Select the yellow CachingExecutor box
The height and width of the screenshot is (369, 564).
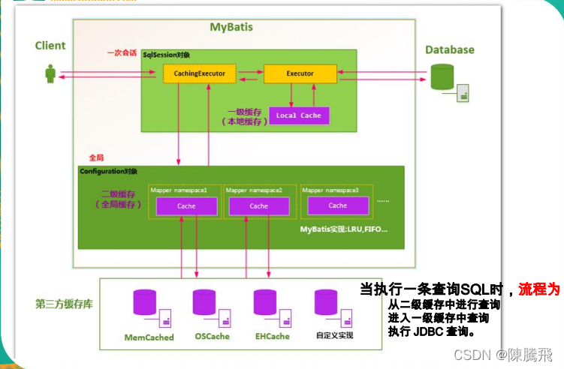coord(200,73)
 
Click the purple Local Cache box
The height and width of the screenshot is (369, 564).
coord(298,115)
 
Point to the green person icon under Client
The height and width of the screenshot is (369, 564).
coord(50,74)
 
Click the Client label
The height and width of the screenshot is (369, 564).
coord(50,46)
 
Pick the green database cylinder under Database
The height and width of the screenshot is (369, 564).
coord(442,77)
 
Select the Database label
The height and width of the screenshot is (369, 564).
coord(450,49)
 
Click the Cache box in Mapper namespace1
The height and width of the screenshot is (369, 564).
coord(186,206)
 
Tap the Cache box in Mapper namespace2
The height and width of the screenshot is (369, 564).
coord(258,206)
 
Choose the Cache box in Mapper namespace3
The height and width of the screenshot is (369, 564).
coord(338,205)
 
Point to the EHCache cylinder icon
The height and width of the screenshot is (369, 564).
coord(268,302)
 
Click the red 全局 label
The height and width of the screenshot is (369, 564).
coord(96,157)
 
